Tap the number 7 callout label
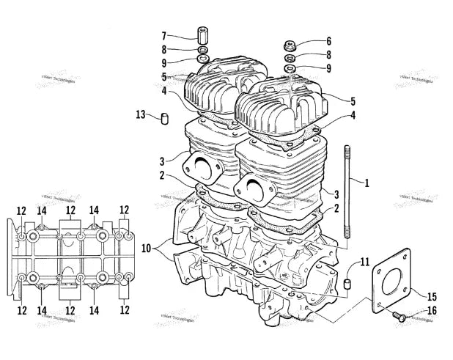point(164,35)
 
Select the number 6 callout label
point(328,41)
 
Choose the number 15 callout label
point(431,296)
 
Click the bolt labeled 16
point(400,317)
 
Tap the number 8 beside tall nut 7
point(164,48)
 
